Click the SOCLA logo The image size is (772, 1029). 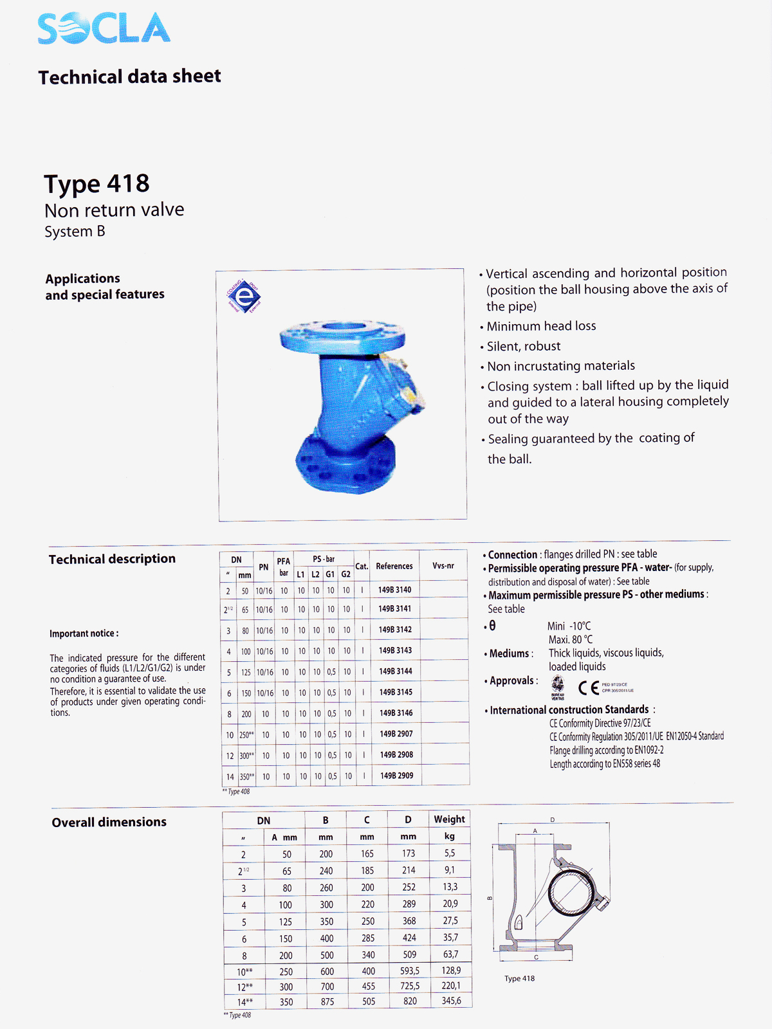[x=104, y=28]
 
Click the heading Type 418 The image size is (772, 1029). [x=96, y=184]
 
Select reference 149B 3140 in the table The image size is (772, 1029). [x=394, y=590]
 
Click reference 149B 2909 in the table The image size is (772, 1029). [x=396, y=776]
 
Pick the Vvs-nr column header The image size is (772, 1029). [x=443, y=566]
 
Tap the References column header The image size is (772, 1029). [x=394, y=566]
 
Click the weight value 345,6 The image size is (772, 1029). [x=451, y=1001]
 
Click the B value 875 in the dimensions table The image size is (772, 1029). [x=327, y=1001]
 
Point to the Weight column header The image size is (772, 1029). [x=449, y=819]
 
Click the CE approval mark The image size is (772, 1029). [x=589, y=688]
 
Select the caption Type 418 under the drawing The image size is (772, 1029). [x=519, y=978]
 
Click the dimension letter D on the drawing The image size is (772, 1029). [x=552, y=819]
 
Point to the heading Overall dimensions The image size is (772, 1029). [x=109, y=822]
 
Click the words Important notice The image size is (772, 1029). [x=84, y=633]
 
